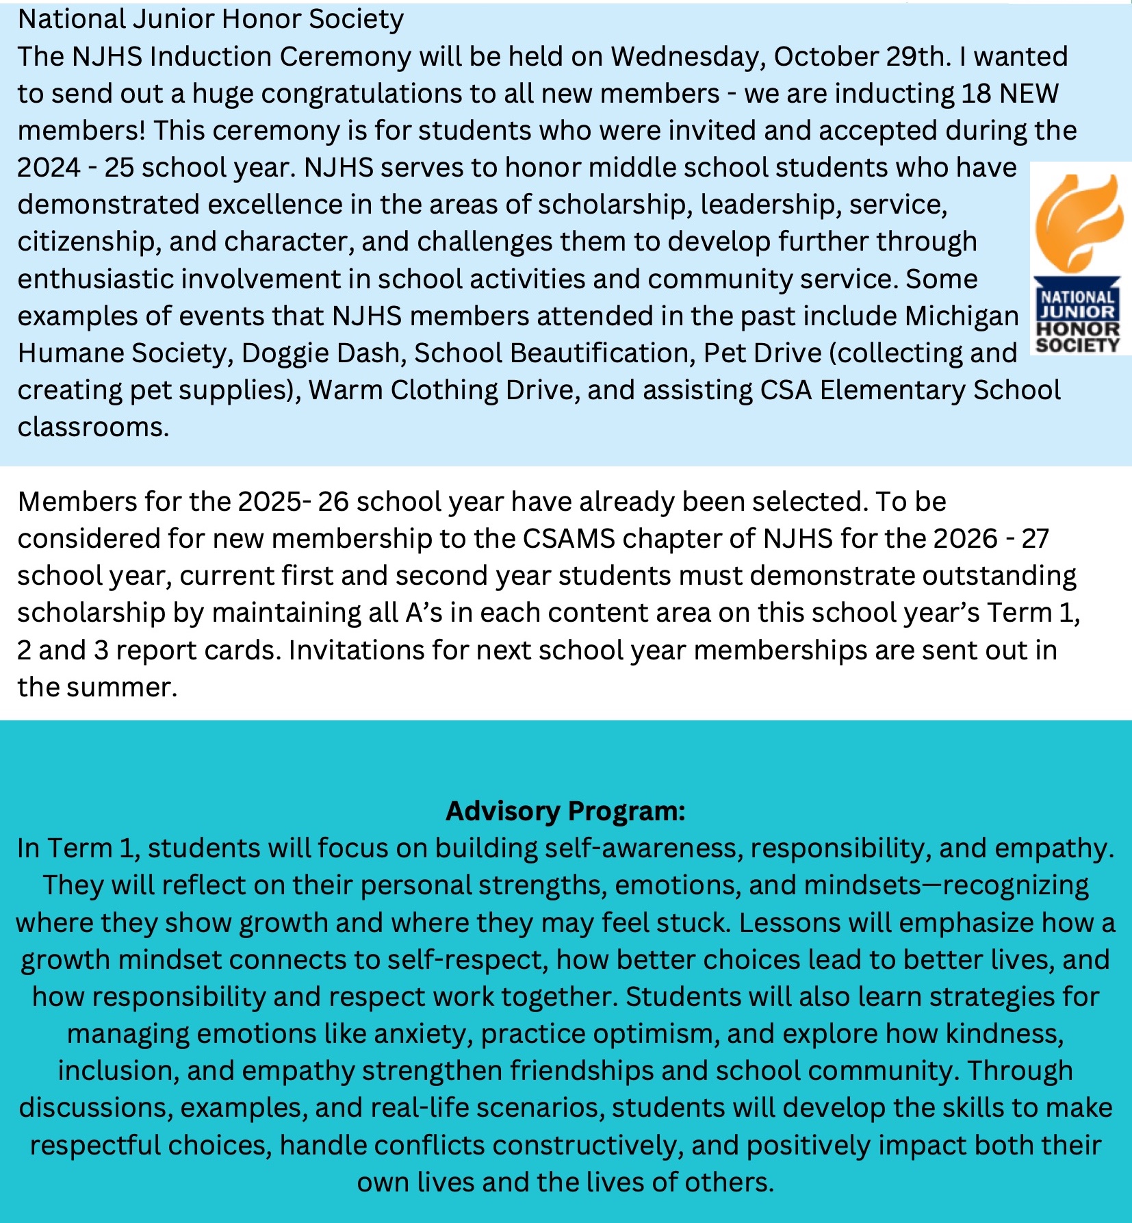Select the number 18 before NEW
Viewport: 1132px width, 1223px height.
(x=976, y=94)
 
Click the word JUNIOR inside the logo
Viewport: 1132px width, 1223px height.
(x=1078, y=312)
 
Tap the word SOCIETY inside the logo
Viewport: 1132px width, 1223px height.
(x=1078, y=345)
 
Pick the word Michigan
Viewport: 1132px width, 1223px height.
(x=962, y=316)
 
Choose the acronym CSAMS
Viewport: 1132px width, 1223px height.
(x=569, y=539)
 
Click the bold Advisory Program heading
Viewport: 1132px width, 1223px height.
(x=565, y=811)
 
